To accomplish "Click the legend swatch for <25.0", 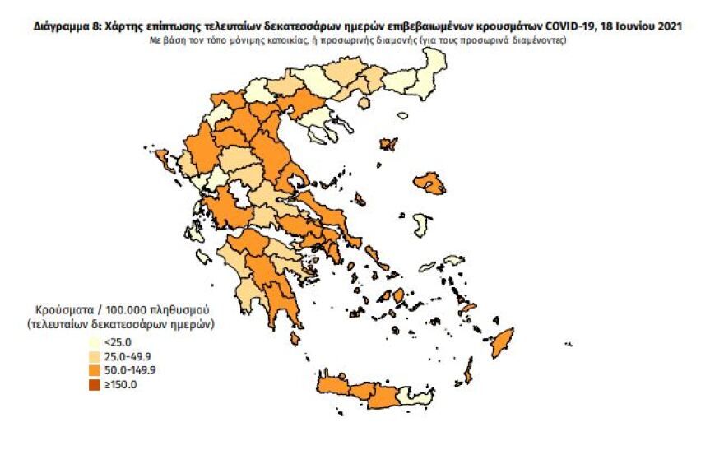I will coord(95,342).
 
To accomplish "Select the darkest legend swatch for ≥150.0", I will coord(95,384).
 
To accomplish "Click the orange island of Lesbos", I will coord(430,183).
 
